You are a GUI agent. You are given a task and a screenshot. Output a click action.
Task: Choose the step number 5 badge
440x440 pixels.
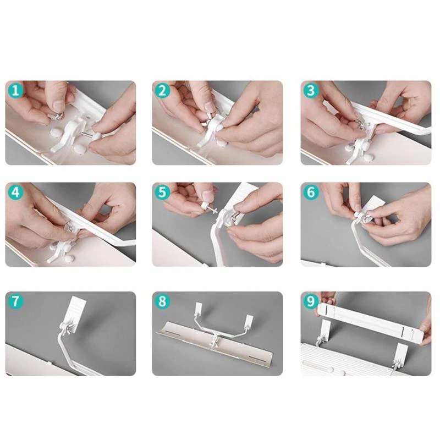click(162, 193)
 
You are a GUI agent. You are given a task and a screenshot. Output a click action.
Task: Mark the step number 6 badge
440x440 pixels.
click(311, 193)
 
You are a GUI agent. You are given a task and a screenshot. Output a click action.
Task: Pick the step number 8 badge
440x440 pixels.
click(162, 301)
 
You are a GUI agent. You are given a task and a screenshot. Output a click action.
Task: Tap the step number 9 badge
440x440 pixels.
click(311, 301)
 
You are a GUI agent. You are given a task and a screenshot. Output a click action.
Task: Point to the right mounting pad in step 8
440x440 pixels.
click(248, 321)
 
